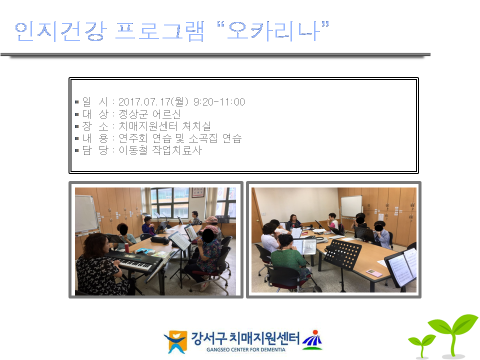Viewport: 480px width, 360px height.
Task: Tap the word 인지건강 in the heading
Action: click(60, 31)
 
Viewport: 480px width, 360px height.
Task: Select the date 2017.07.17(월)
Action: click(153, 101)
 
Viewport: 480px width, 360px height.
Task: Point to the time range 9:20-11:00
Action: click(219, 101)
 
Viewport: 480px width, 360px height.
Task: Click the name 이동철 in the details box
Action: click(133, 150)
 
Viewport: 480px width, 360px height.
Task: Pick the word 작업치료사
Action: click(177, 150)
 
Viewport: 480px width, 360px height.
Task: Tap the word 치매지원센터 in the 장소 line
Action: click(148, 126)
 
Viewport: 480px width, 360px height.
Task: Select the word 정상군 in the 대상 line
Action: click(133, 114)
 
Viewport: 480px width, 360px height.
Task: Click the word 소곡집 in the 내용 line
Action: click(203, 138)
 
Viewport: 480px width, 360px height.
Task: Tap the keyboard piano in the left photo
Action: click(134, 260)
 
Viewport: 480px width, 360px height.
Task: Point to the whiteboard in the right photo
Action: click(351, 206)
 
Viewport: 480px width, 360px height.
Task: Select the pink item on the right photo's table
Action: click(374, 273)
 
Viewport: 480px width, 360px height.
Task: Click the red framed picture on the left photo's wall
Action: click(198, 192)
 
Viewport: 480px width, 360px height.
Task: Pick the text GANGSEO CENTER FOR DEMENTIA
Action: click(246, 349)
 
